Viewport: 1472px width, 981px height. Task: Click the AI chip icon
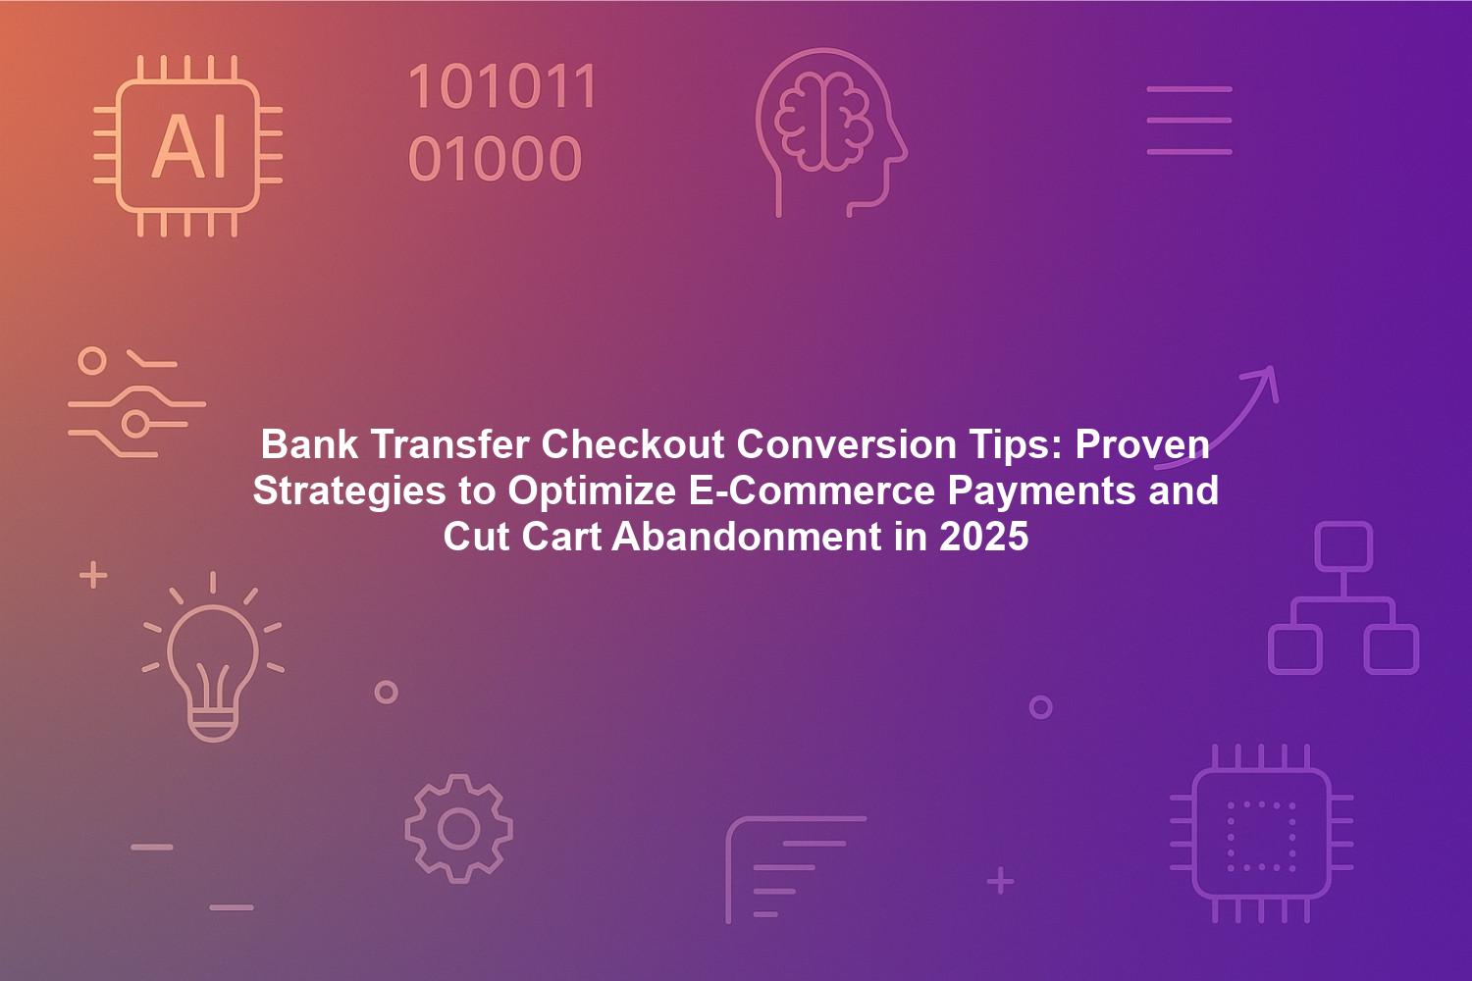188,146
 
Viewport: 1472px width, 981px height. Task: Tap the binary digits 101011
502,86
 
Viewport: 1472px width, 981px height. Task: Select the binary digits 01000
495,158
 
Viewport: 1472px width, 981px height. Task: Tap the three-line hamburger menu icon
1189,121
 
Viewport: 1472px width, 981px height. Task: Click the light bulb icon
213,657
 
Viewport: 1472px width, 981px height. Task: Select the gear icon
458,829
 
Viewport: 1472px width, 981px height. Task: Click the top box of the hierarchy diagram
1343,546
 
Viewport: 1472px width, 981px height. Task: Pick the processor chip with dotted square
1262,833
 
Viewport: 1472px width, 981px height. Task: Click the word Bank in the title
309,444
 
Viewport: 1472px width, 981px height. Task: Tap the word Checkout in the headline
633,444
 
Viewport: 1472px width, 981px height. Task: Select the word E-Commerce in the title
812,490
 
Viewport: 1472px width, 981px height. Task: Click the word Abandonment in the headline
747,537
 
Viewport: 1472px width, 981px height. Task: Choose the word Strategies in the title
349,491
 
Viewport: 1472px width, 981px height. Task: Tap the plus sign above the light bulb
93,575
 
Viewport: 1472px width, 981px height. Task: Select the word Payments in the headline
1041,491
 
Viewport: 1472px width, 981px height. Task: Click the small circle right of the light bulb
387,692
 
